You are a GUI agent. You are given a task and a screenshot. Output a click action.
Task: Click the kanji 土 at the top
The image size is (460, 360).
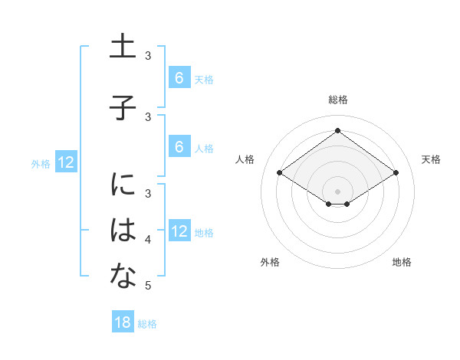coord(123,47)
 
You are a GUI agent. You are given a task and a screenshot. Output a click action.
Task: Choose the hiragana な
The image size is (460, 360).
coord(123,276)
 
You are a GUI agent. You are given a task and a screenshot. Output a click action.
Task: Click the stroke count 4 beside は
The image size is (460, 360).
coord(148,240)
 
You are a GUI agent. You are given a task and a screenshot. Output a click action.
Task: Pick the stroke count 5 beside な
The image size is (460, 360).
coord(148,286)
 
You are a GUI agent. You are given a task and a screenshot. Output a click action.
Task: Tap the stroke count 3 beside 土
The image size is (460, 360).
coord(148,56)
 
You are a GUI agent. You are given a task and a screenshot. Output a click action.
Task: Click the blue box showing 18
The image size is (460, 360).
coord(123,322)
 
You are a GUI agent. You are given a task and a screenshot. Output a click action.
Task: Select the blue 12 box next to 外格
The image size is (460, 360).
coord(65,162)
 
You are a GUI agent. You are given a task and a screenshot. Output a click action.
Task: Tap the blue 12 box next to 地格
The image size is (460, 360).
coord(179,232)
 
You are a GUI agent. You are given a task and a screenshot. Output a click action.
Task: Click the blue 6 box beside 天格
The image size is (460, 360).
coord(179,78)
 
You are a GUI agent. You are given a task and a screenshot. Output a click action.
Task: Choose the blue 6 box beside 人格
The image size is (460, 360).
coord(179,147)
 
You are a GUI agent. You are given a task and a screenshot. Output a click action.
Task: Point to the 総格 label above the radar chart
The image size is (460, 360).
coord(337,100)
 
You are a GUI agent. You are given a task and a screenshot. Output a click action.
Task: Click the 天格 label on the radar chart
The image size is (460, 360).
coord(431,159)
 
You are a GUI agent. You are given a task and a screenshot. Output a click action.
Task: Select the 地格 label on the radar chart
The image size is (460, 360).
coord(402,263)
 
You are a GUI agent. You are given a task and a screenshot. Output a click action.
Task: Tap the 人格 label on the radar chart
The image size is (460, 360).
coord(245,159)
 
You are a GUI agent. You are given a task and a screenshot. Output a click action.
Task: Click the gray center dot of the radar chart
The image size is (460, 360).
coord(337,191)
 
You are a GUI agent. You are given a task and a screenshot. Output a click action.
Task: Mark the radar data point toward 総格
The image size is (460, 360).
coord(337,130)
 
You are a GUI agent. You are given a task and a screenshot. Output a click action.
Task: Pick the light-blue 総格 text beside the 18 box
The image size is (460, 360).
coord(147,324)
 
